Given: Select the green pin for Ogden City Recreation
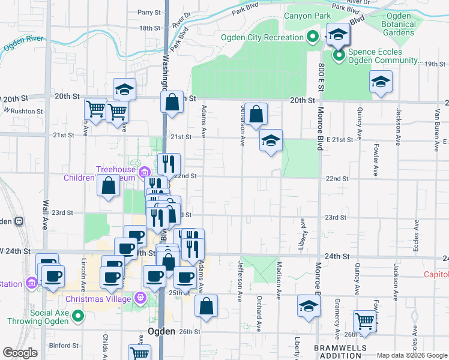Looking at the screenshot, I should click(312, 37).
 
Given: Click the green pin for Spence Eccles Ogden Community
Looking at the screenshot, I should click(338, 56).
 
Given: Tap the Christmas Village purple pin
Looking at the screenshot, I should click(141, 296).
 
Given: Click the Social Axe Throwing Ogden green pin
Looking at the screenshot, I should click(78, 316).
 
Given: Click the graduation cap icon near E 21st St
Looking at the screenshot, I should click(271, 142).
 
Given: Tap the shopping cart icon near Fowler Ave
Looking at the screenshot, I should click(365, 322).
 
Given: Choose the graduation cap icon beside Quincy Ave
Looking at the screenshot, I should click(381, 82).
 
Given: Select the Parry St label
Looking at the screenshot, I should click(149, 12).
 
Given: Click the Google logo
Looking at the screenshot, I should click(20, 353).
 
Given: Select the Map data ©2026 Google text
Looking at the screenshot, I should click(411, 355).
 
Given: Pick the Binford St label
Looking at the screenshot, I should click(64, 345).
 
